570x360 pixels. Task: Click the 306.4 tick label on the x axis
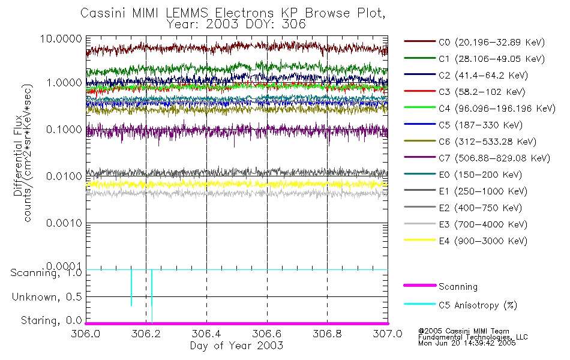206,334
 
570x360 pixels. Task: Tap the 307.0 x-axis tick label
387,334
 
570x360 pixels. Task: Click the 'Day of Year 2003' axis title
236,346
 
